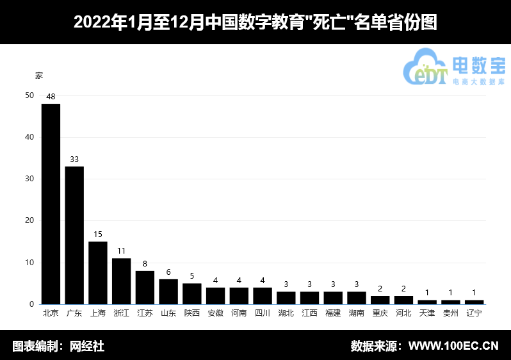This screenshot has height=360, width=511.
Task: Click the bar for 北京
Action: [x=51, y=204]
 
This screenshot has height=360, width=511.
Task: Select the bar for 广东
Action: [x=74, y=235]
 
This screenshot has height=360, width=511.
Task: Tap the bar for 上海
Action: [x=98, y=273]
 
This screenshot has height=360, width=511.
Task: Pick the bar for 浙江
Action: [x=122, y=281]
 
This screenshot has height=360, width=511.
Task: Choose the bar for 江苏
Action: [x=145, y=288]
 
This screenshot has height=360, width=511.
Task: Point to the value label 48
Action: [x=51, y=97]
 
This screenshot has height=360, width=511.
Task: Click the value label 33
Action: [x=74, y=160]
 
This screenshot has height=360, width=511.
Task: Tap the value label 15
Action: [x=98, y=234]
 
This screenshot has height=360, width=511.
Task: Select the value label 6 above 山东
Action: [x=168, y=272]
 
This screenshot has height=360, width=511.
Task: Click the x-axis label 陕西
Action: [x=192, y=313]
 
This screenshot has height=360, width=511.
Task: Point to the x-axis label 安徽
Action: [x=216, y=313]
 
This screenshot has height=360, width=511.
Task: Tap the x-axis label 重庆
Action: [x=380, y=313]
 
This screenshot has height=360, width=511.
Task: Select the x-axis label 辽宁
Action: [x=474, y=313]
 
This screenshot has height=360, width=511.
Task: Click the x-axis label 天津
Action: [x=427, y=313]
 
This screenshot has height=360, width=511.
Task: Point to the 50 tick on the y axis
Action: [x=29, y=95]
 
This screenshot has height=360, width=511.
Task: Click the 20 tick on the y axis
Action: [x=29, y=221]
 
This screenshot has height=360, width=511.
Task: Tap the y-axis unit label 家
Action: [x=39, y=75]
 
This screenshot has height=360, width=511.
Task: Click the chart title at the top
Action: [x=255, y=22]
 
